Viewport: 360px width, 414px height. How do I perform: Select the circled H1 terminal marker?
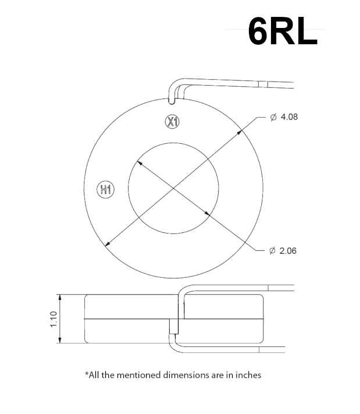pos(105,189)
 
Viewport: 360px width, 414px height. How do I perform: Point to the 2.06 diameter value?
pos(288,251)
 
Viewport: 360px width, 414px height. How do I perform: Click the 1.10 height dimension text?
pos(53,319)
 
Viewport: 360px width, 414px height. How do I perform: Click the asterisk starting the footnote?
pos(87,374)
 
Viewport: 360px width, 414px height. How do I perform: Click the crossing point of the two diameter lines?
pos(173,188)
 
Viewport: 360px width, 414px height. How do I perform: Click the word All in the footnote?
pos(94,375)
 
